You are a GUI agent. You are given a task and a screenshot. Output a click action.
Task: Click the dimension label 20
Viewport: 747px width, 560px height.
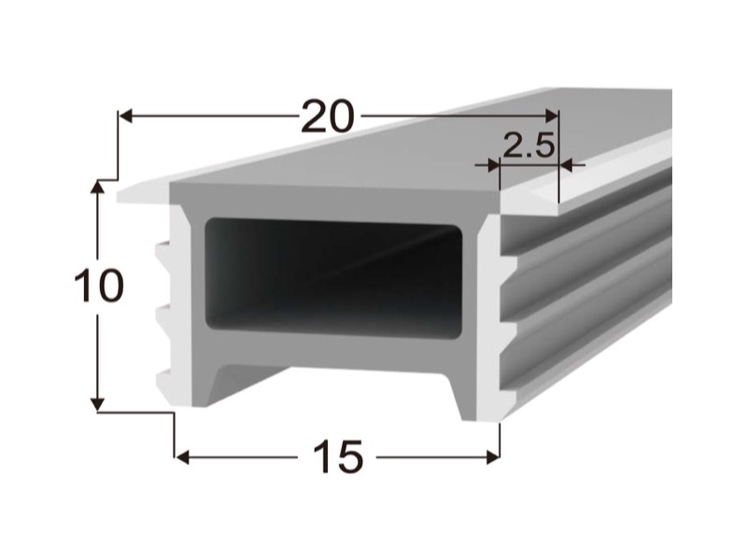pyautogui.click(x=328, y=116)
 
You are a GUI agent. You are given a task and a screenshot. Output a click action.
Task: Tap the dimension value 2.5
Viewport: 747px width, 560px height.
pyautogui.click(x=529, y=146)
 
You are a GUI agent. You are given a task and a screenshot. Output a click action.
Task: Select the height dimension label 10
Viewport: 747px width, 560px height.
pyautogui.click(x=99, y=286)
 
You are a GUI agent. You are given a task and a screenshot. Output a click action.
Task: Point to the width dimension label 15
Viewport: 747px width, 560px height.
pyautogui.click(x=338, y=456)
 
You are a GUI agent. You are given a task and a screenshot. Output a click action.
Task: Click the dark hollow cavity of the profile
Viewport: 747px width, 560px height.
pyautogui.click(x=333, y=278)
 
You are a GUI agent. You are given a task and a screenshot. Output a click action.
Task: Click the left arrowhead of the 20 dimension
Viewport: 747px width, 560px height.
pyautogui.click(x=125, y=116)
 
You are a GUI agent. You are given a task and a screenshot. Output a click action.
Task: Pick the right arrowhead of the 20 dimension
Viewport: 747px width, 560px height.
pyautogui.click(x=552, y=116)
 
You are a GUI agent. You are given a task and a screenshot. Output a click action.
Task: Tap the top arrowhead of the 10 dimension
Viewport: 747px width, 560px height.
pyautogui.click(x=98, y=188)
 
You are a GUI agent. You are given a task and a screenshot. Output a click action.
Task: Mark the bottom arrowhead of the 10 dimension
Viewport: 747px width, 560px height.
pyautogui.click(x=98, y=404)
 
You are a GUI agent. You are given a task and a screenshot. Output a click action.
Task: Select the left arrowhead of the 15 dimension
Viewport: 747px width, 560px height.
pyautogui.click(x=182, y=457)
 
